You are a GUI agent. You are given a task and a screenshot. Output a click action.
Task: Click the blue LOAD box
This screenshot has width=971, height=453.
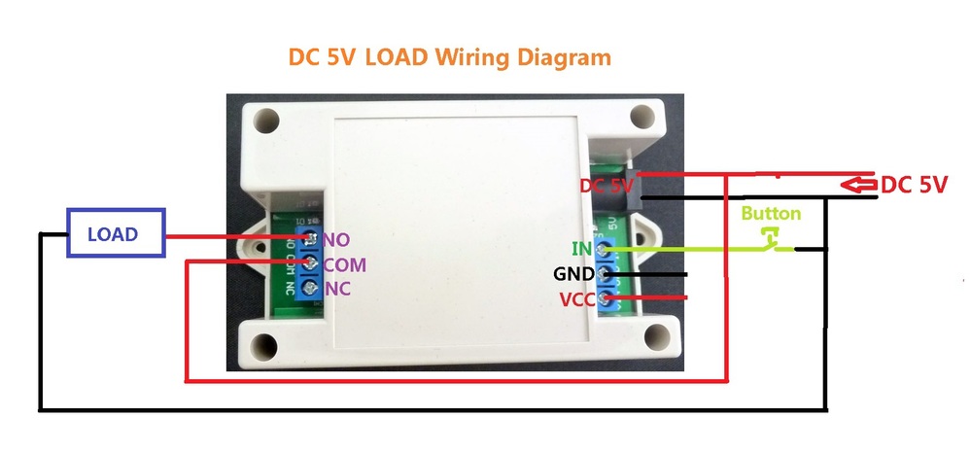pos(113,234)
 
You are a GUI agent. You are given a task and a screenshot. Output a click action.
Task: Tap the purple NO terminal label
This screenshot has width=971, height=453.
pos(336,239)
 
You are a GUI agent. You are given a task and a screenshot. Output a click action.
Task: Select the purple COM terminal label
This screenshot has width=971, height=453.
pos(344,264)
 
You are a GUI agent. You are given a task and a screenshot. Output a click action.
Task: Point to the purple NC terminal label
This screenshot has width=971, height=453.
pos(336,289)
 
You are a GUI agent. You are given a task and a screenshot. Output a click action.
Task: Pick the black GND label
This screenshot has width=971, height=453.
pos(573,274)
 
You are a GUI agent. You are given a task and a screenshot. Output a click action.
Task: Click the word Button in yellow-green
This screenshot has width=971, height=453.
pos(771,214)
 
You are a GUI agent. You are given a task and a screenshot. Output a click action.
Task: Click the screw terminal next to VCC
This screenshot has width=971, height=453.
pos(606,297)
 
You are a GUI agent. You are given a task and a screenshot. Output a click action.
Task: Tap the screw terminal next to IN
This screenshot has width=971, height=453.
pos(606,250)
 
